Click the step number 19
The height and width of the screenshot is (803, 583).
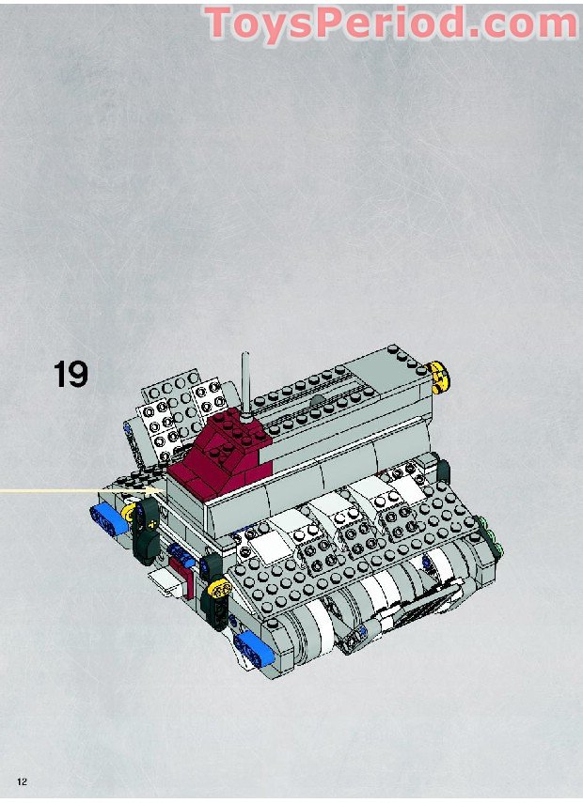[71, 373]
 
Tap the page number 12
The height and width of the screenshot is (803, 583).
[22, 781]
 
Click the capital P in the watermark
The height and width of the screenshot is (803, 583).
[339, 23]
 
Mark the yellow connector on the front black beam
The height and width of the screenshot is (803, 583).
[222, 589]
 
